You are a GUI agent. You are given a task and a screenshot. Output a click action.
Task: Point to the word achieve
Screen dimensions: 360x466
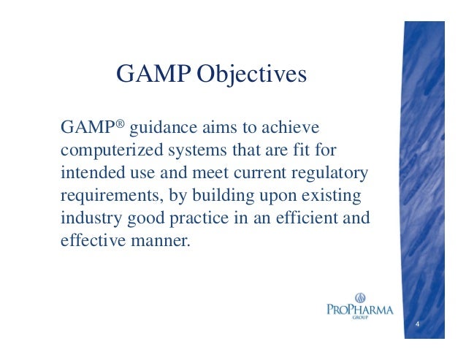coord(293,129)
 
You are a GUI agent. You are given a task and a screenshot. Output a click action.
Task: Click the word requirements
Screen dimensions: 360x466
coord(107,198)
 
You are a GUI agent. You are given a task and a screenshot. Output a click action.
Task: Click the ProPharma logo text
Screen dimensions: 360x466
coord(359,310)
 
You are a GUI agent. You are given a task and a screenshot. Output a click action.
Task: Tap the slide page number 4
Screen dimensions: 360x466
coord(416,323)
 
